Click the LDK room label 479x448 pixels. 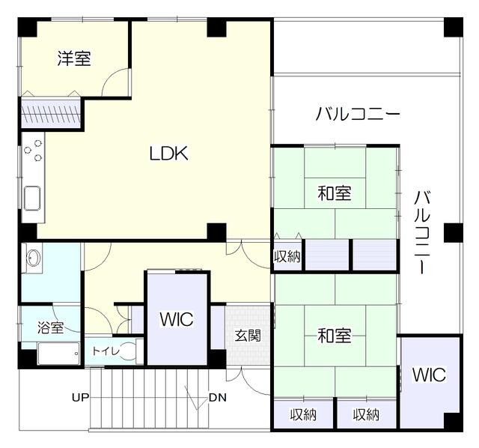pos(168,154)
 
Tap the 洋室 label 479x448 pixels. pos(74,58)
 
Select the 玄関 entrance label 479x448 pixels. pos(248,336)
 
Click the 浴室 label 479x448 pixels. pos(51,327)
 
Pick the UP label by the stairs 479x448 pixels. pos(81,398)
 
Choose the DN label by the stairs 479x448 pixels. pos(218,398)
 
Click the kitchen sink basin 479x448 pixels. pos(32,199)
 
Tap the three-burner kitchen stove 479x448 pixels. pos(33,151)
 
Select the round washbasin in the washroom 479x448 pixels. pos(34,258)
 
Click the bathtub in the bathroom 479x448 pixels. pos(58,353)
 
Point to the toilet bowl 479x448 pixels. pos(128,351)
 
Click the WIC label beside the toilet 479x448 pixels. pos(177,320)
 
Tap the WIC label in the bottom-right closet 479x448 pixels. pos(429,375)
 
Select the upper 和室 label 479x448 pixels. pos(335,193)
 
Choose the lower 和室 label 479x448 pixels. pos(335,335)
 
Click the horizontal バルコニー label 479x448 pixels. pos(358,113)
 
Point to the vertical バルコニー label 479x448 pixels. pos(422,231)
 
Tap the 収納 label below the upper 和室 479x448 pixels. pos(287,256)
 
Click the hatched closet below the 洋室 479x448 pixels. pos(51,114)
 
